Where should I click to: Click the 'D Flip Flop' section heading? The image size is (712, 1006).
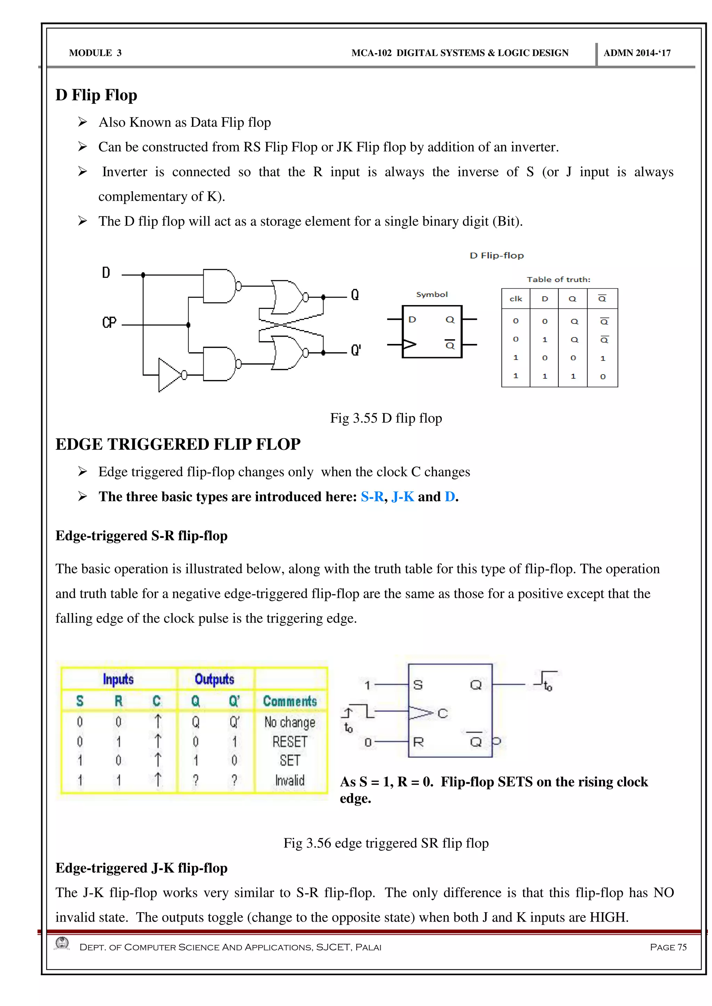(x=96, y=95)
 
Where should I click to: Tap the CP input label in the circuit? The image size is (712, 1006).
(x=109, y=323)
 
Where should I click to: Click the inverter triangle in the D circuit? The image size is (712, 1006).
(x=170, y=375)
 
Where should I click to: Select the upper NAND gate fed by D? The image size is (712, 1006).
(x=219, y=286)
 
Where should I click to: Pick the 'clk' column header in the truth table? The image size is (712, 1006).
(x=516, y=299)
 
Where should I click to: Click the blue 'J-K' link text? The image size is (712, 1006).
(x=403, y=496)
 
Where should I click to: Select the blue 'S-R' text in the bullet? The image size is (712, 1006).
(x=372, y=496)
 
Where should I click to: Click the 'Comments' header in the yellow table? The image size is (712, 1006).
(x=290, y=701)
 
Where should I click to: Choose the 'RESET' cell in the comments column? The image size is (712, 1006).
(x=290, y=742)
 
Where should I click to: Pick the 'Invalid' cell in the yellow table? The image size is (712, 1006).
(x=290, y=780)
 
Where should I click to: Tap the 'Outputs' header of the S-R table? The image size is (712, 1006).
(x=215, y=679)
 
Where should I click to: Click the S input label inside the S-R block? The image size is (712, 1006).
(x=418, y=685)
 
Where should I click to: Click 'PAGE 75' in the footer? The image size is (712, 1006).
(x=668, y=947)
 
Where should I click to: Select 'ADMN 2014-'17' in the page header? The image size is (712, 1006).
(x=637, y=53)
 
